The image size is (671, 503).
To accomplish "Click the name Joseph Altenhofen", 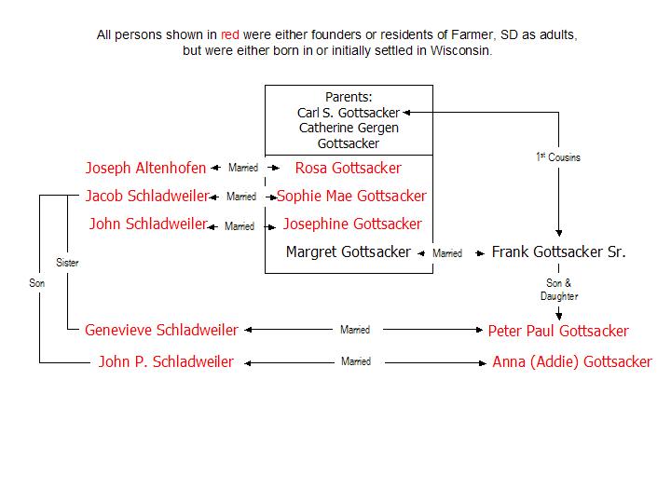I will point(145,169).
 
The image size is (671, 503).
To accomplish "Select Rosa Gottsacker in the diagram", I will point(348,169).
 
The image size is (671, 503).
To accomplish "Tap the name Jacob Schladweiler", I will point(146,197).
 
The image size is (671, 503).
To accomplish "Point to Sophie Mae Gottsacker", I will point(351,197).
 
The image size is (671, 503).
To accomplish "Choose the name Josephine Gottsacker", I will point(351,224).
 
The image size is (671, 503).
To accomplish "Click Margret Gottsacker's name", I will point(349,252).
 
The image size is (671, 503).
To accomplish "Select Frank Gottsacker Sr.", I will point(558,252).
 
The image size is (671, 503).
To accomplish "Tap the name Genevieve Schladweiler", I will point(161,330).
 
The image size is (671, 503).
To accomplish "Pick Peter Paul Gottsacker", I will point(558,331).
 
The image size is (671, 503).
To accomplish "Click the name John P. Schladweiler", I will point(166,362).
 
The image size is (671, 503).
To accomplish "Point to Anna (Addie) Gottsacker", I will point(572,362).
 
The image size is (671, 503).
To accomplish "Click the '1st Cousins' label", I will point(558,157).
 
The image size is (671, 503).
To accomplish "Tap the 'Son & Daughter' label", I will point(559,290).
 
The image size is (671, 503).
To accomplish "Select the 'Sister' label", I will point(67,263).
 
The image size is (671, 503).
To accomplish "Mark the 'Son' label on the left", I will point(37,281).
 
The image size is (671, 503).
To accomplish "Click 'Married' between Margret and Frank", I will point(447,253).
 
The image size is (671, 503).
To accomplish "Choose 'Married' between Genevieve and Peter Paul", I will point(355,330).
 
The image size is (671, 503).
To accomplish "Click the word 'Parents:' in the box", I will point(349,98).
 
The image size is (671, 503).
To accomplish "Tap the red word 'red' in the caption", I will point(229,35).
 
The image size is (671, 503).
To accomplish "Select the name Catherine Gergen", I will point(349,129).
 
